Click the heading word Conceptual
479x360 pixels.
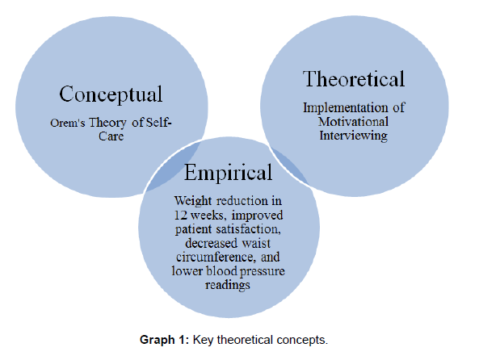[111, 94]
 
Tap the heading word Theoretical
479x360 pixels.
[354, 79]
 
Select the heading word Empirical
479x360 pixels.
[228, 173]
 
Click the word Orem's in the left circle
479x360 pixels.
[68, 123]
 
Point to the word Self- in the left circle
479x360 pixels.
[158, 123]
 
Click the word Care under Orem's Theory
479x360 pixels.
[111, 136]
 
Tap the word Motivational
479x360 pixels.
[354, 122]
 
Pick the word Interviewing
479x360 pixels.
[354, 136]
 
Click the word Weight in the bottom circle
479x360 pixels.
[193, 201]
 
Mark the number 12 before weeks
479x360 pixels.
[181, 216]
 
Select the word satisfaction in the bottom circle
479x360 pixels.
[248, 229]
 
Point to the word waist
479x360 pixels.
[256, 243]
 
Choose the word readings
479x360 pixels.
[228, 285]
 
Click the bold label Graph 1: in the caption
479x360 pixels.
[165, 340]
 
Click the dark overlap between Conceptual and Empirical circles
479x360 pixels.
[174, 166]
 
